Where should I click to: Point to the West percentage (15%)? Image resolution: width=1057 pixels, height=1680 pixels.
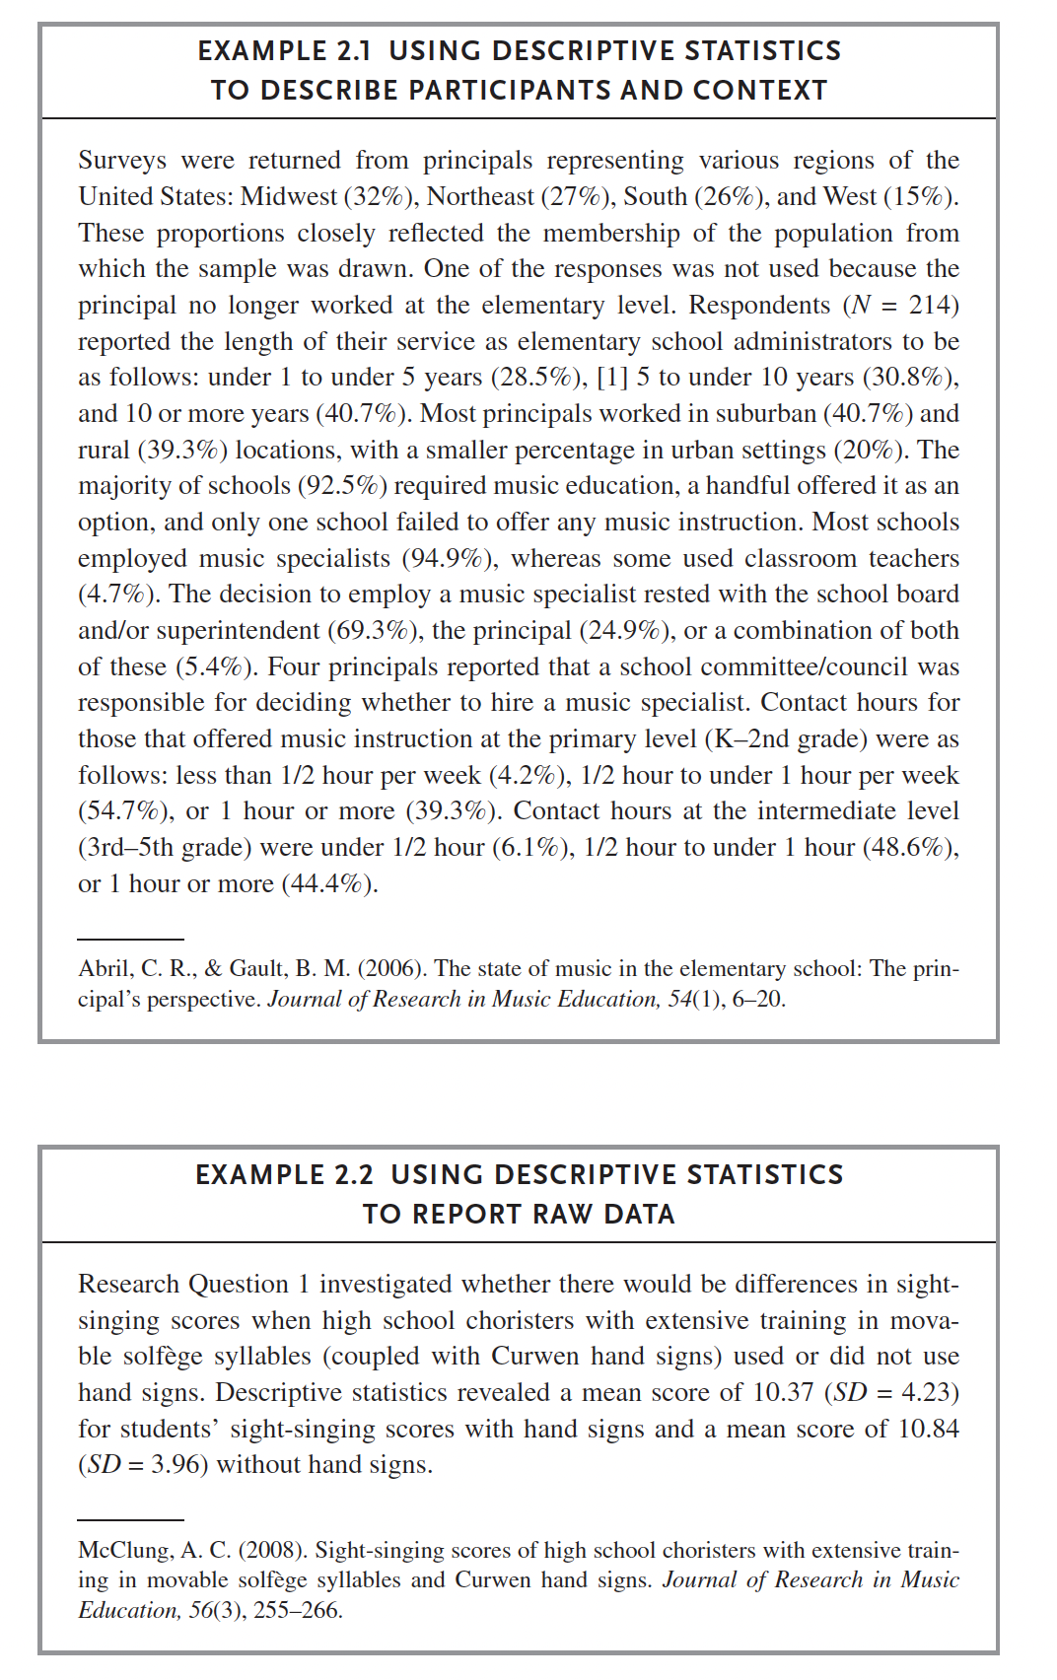click(x=919, y=196)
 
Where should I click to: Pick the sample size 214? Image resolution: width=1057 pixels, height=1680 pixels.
click(x=930, y=305)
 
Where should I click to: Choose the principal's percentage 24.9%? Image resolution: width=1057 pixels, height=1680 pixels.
click(x=626, y=631)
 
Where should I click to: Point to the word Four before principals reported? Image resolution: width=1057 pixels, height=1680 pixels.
click(x=294, y=667)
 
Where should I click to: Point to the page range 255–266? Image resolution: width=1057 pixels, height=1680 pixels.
click(x=298, y=1611)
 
